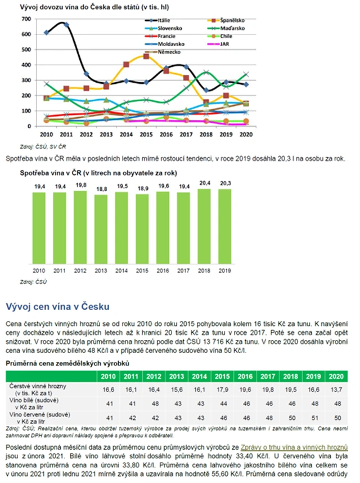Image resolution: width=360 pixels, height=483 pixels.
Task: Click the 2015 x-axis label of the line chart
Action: point(146,135)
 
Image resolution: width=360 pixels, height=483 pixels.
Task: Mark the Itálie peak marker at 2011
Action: point(66,25)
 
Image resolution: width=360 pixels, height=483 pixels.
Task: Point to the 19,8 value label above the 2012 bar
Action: point(80,185)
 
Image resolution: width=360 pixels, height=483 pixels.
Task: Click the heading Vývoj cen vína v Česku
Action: point(57,306)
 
